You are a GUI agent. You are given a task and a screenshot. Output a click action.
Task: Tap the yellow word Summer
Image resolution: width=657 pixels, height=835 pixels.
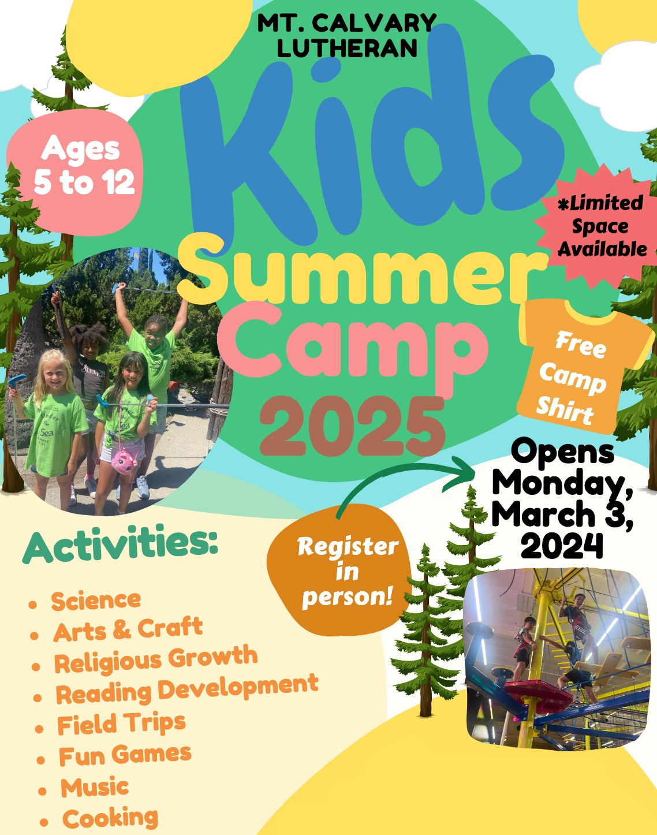[x=361, y=271]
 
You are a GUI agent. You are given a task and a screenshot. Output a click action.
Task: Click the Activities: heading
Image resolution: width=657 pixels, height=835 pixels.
[x=120, y=543]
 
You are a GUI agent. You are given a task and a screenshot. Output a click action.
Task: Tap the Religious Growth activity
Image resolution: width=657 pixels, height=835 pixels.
[x=156, y=659]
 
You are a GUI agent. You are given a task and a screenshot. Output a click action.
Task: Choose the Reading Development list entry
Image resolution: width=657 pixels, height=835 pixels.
[x=187, y=690]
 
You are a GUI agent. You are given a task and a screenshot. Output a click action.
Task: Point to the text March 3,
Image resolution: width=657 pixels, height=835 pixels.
[x=564, y=514]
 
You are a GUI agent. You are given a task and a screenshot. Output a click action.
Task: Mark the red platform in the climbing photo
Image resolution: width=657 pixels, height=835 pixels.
[x=539, y=691]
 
